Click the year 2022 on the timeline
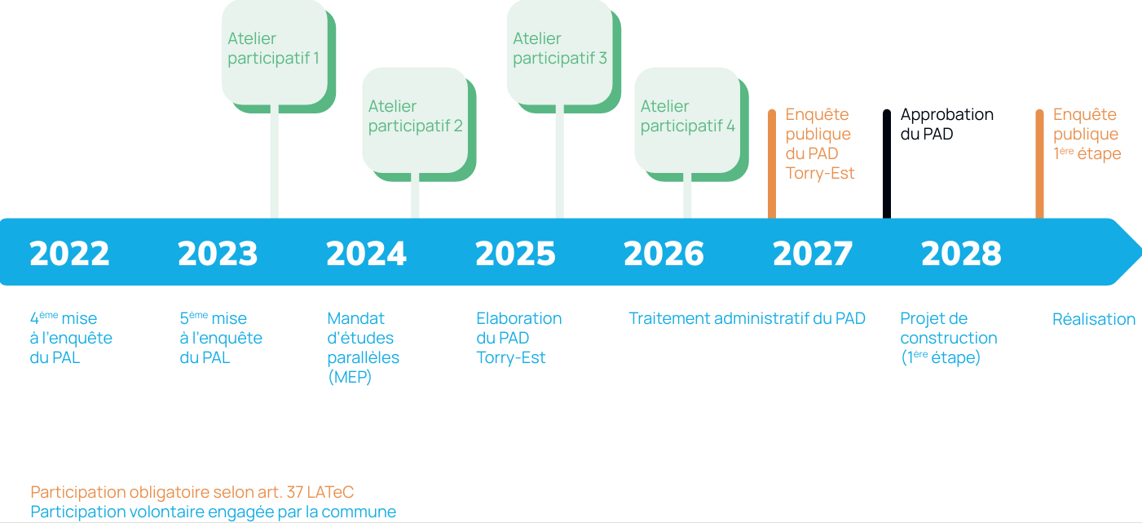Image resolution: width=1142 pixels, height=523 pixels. click(x=69, y=254)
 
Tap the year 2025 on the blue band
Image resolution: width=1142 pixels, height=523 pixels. click(x=515, y=254)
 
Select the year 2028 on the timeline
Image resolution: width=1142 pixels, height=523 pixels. click(x=961, y=254)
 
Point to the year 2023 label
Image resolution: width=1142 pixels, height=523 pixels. click(x=218, y=254)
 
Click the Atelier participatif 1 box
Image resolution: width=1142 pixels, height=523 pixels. click(x=274, y=51)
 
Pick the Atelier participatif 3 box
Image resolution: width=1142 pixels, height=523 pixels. click(x=559, y=51)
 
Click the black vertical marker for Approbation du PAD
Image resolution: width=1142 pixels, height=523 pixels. click(x=887, y=163)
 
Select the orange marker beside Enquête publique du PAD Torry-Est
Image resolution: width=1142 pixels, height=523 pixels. click(x=772, y=163)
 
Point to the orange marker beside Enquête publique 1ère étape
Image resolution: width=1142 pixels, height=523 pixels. click(x=1039, y=163)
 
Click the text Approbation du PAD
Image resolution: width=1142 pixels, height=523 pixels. click(x=946, y=124)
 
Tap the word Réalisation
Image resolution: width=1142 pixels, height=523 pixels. click(x=1093, y=319)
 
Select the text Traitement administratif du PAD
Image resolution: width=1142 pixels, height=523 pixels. click(x=747, y=318)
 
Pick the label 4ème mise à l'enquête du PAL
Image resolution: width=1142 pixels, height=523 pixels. click(x=70, y=338)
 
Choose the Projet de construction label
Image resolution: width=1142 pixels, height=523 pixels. click(x=948, y=338)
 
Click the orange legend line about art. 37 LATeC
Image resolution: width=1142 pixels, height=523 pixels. click(x=192, y=492)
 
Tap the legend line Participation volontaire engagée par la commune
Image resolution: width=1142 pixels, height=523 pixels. click(x=213, y=512)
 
